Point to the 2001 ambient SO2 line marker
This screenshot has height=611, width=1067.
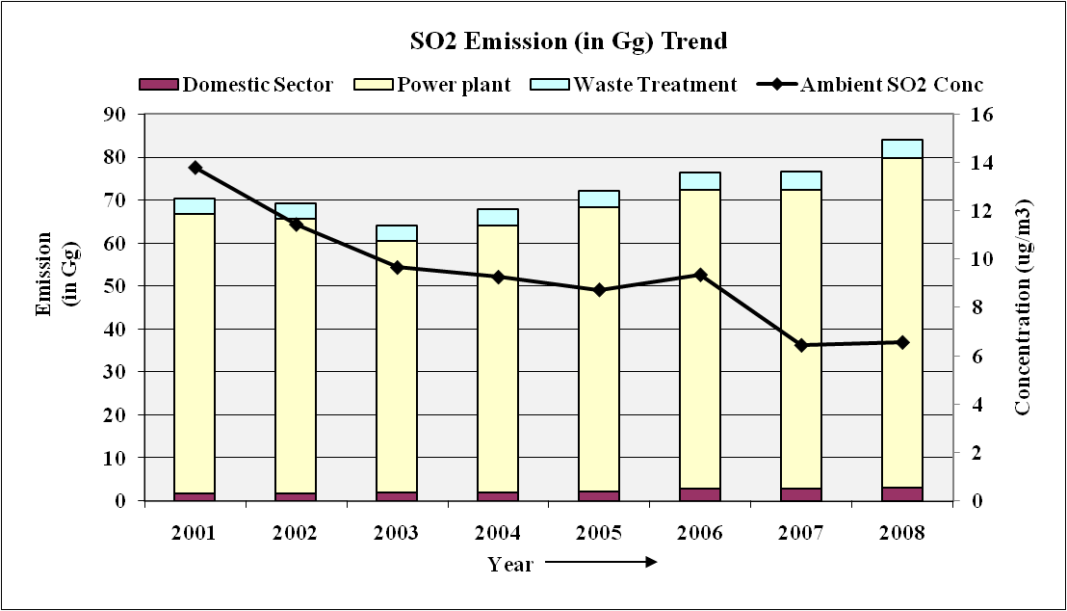tap(195, 168)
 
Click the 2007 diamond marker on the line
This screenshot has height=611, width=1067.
tap(801, 345)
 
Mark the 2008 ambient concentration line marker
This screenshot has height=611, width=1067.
tap(902, 342)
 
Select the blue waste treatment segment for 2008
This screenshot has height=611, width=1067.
tap(902, 148)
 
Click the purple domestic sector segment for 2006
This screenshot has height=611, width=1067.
tap(700, 494)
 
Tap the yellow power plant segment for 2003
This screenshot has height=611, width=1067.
tap(397, 366)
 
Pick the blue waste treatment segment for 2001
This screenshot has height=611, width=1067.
tap(195, 206)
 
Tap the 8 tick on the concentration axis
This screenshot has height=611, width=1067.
tap(968, 308)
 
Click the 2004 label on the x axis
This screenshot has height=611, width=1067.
tap(498, 533)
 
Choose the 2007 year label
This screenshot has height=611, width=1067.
tap(801, 533)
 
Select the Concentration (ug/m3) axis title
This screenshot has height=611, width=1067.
tap(1023, 308)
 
